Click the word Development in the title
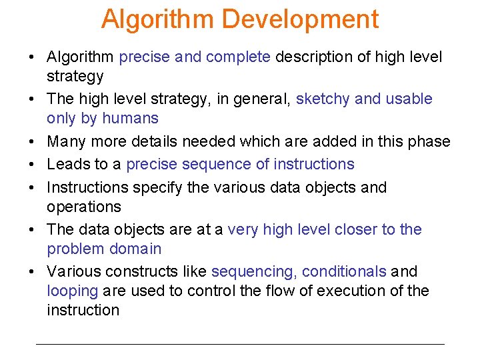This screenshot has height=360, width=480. (x=300, y=19)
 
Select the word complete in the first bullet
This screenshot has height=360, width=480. (x=238, y=57)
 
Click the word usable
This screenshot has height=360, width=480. (x=408, y=99)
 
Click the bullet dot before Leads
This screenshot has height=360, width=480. (x=33, y=165)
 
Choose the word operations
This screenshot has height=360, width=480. (x=84, y=207)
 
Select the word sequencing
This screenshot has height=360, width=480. (x=253, y=272)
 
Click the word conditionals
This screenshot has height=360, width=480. (x=344, y=272)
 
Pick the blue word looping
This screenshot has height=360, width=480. (x=73, y=291)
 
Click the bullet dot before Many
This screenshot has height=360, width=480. (x=33, y=142)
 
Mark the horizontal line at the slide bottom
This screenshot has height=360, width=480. (x=240, y=344)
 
